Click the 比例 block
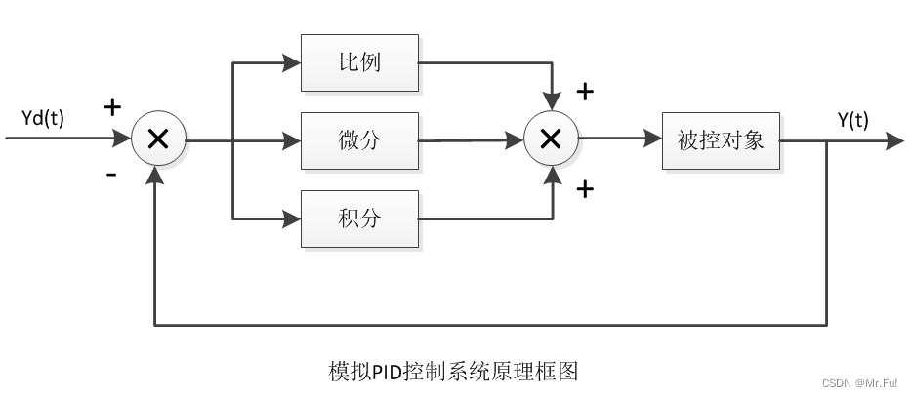point(359,63)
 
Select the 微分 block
point(359,140)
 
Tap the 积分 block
point(359,218)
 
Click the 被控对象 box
point(721,140)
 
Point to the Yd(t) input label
point(43,119)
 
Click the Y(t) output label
point(853,119)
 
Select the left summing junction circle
point(158,140)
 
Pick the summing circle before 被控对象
point(551,140)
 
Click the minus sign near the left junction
point(111,175)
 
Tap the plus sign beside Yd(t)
point(112,105)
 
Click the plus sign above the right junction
point(585,93)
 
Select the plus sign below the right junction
point(585,189)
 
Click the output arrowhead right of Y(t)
point(893,140)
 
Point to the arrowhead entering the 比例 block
point(291,63)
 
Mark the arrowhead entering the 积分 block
point(291,218)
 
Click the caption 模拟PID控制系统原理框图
point(454,372)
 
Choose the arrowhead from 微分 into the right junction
point(515,141)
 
